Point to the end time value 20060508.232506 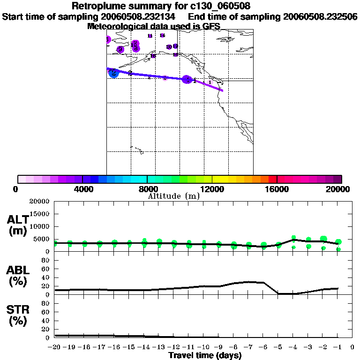pos(321,16)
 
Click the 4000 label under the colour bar pos(82,189)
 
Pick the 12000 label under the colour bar pos(212,189)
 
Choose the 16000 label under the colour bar pos(277,189)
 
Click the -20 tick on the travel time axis pos(54,347)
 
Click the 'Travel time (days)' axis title pos(205,356)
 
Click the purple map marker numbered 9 pos(120,49)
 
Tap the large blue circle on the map pos(113,73)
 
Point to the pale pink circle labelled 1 pos(210,82)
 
